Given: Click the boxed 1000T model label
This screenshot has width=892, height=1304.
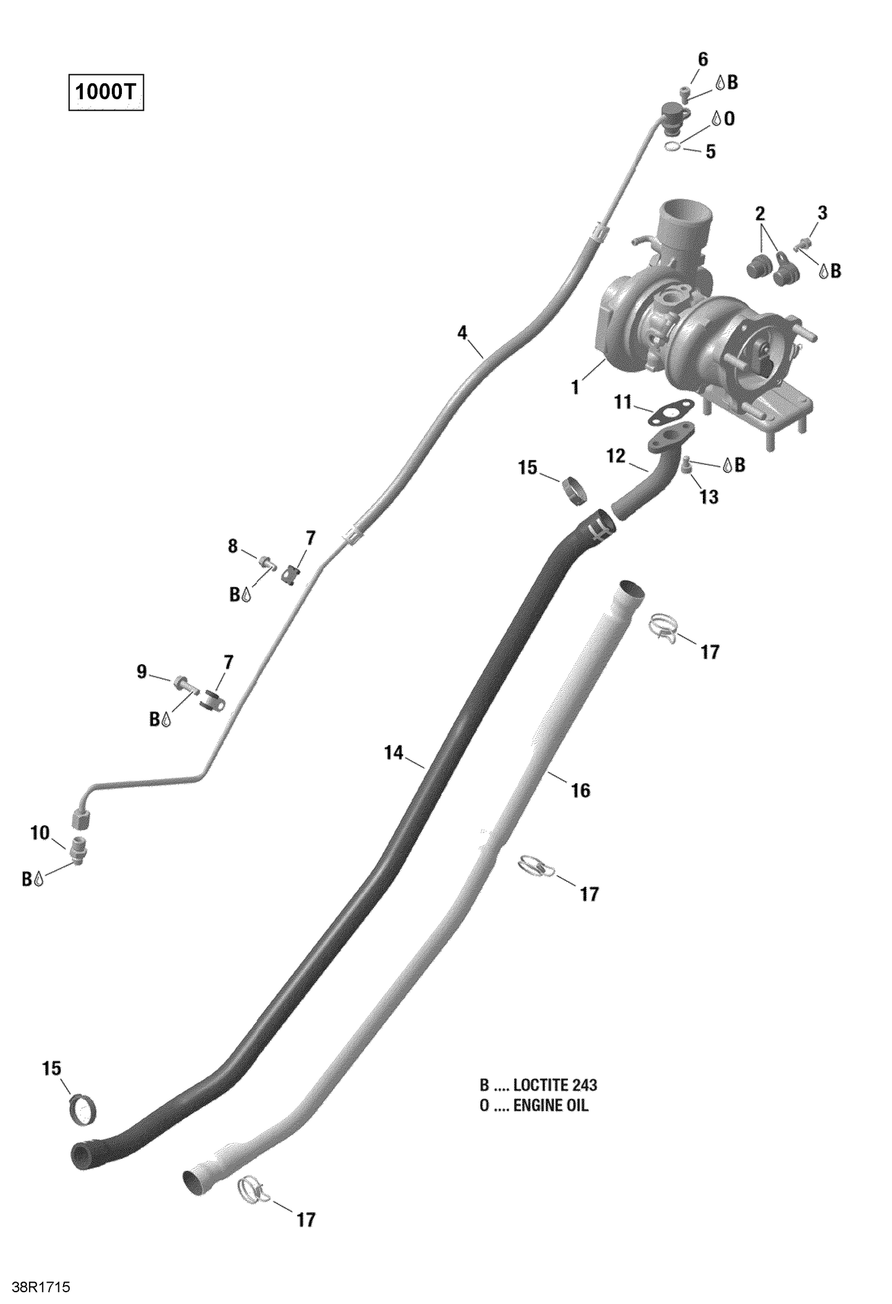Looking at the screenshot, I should click(x=106, y=93).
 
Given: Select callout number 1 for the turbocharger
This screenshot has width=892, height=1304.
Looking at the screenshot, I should click(x=574, y=388).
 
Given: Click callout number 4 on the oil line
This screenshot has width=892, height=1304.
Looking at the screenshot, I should click(x=462, y=333).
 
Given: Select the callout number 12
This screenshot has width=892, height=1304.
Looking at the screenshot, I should click(x=615, y=456).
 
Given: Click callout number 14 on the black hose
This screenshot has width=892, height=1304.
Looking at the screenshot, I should click(x=394, y=753).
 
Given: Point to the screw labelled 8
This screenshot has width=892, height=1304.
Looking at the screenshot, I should click(x=266, y=560).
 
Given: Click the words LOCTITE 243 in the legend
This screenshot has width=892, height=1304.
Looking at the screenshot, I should click(x=555, y=1085).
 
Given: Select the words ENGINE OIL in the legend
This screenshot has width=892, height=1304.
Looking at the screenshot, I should click(x=551, y=1105).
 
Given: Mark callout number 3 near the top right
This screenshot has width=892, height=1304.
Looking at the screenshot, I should click(x=822, y=213).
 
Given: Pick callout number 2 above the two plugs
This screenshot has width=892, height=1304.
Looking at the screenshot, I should click(x=760, y=213).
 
